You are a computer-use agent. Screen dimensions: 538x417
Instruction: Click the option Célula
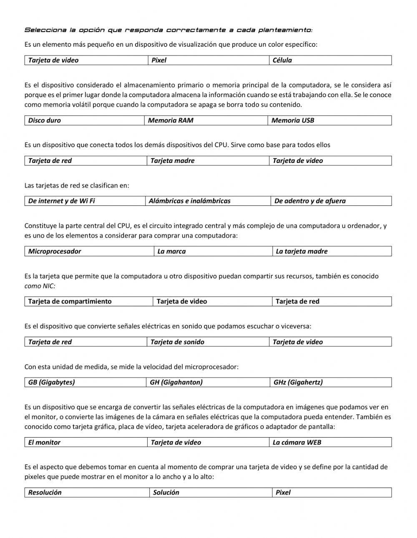tap(282, 60)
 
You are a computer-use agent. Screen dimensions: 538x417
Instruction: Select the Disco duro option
tap(45, 121)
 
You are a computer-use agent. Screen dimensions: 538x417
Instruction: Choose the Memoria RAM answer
tap(171, 121)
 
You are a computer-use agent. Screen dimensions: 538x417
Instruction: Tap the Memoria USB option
tap(293, 121)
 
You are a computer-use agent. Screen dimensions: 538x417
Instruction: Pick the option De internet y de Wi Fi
tap(61, 201)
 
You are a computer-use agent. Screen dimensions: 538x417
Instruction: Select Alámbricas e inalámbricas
tap(190, 201)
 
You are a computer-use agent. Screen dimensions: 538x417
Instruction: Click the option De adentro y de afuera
tap(310, 201)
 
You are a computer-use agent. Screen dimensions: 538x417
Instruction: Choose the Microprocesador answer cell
tap(55, 252)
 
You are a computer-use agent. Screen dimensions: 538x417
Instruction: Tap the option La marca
tap(171, 252)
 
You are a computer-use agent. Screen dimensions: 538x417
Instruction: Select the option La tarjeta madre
tap(301, 252)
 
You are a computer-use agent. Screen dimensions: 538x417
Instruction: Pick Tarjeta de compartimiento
tap(70, 302)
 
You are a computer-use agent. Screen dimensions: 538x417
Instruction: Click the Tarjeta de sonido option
tap(177, 342)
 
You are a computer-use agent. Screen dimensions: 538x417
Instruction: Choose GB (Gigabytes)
tap(51, 383)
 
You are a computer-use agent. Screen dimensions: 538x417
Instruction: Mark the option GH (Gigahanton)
tap(176, 383)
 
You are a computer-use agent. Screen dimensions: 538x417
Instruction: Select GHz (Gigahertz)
tap(298, 383)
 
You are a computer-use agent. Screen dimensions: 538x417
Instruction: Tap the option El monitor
tap(44, 443)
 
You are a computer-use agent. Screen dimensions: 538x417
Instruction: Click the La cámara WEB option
tap(297, 443)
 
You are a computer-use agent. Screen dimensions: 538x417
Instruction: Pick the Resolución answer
tap(45, 493)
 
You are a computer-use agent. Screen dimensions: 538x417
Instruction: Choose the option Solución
tap(166, 493)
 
